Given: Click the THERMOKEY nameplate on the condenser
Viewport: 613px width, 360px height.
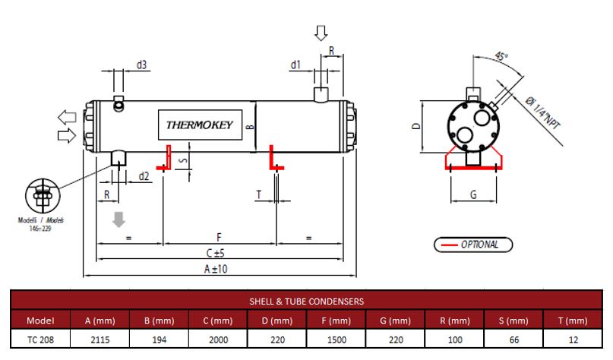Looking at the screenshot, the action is coord(200,125).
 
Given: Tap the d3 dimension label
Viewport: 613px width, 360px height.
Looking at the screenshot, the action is coord(141,65).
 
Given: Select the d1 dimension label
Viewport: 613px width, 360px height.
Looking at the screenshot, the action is coord(295,65).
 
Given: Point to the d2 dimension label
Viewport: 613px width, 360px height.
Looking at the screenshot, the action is coord(144,176).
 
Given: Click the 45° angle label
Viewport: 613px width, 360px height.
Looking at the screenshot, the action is coord(501,56).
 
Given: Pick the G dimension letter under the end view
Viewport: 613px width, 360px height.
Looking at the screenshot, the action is coord(473,194).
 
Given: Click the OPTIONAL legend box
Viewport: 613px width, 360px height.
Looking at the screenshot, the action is coord(473,245).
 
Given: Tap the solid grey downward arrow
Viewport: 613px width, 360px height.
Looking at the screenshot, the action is coord(118,219).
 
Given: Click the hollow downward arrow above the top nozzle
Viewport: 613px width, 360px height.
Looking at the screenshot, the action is coord(321,33).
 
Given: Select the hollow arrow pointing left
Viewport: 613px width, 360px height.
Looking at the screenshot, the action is coord(67,117).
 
